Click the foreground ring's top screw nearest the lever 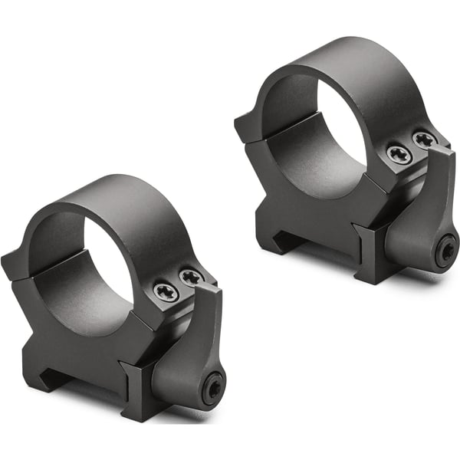point(191,276)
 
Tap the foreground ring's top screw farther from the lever point(166,291)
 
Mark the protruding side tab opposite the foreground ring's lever point(13,264)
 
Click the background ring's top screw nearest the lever point(424,140)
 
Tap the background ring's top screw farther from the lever point(399,155)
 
